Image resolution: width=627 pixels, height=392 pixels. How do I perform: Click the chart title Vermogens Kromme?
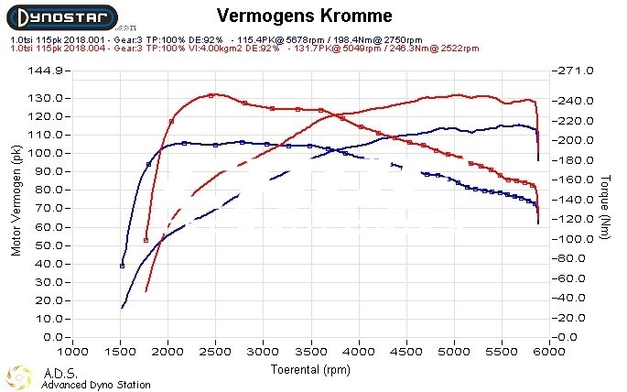click(305, 16)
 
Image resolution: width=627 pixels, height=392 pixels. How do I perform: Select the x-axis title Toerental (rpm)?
click(309, 370)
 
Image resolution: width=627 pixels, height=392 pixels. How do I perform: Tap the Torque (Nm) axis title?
click(605, 203)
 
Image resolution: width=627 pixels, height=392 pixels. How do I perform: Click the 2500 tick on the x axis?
click(215, 352)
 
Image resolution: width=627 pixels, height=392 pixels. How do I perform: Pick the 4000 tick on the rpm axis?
click(358, 352)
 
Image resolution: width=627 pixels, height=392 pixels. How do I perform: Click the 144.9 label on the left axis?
click(45, 71)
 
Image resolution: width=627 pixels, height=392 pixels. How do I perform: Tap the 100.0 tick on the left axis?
click(45, 153)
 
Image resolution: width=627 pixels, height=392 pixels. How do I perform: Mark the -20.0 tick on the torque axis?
click(572, 317)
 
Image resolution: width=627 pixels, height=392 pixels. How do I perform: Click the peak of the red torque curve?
click(211, 94)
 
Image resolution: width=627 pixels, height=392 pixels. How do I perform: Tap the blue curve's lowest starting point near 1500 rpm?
click(122, 308)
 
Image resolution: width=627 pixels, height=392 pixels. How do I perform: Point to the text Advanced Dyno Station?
click(95, 385)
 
